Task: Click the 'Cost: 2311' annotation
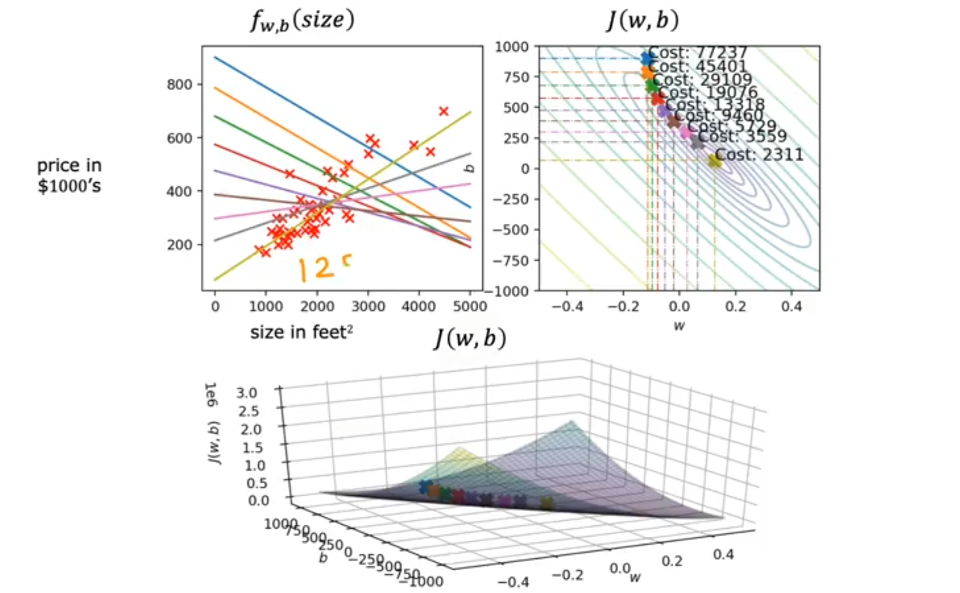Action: click(x=759, y=155)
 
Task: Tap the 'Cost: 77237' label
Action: click(x=698, y=53)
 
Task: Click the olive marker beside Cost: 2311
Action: click(x=714, y=161)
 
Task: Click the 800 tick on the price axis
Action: click(x=179, y=85)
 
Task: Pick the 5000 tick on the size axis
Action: click(x=469, y=307)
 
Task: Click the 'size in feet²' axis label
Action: click(x=301, y=333)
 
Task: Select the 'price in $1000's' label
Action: click(x=69, y=175)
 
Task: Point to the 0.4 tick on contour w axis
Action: click(x=792, y=307)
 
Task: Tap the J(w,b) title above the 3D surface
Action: click(x=470, y=339)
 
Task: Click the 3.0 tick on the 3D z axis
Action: click(x=247, y=393)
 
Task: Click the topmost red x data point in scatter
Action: click(x=444, y=111)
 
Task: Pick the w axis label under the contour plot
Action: click(x=679, y=326)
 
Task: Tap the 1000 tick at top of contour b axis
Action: click(x=512, y=47)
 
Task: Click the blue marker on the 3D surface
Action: click(x=424, y=487)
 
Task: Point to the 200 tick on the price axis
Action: click(x=179, y=245)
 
